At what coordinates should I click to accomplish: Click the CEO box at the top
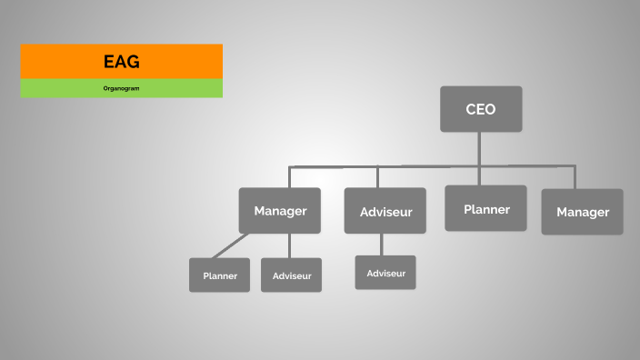coord(481,109)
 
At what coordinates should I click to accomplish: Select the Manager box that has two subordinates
coord(280,211)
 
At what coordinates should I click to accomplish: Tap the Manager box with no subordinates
coord(582,212)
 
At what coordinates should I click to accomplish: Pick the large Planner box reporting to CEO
coord(485,209)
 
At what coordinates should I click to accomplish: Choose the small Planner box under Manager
coord(219,275)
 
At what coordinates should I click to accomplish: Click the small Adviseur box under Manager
coord(291,275)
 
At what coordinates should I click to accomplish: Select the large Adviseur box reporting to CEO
coord(385,212)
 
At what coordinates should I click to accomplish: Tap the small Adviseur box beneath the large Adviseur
coord(385,273)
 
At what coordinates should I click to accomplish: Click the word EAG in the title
coord(121,62)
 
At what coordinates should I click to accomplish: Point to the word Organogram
coord(121,88)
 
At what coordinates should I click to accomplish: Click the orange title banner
coord(55,61)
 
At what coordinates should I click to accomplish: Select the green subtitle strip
coord(55,88)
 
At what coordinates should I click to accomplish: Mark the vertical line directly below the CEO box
coord(480,148)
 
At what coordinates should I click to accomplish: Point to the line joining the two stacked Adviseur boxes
coord(382,245)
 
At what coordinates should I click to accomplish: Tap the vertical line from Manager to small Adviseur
coord(289,245)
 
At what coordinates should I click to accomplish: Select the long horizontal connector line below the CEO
coord(427,166)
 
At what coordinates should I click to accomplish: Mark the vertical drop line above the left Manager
coord(289,177)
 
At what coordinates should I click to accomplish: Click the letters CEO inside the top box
coord(481,109)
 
